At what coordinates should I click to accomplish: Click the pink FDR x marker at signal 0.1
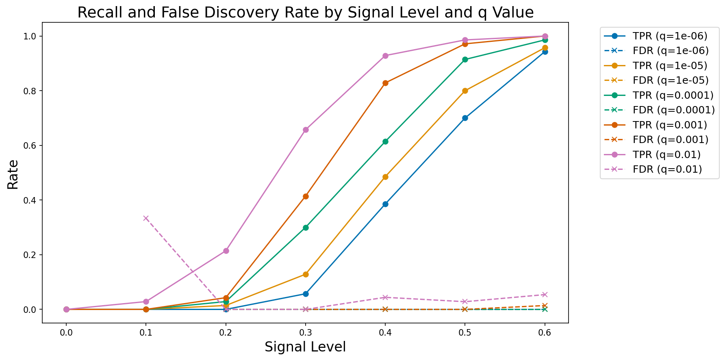click(146, 218)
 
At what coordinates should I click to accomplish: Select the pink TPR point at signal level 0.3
click(306, 130)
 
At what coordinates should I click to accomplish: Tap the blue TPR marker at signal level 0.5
click(465, 118)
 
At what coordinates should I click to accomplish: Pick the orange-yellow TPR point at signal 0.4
click(385, 177)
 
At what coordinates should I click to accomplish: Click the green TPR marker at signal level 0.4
click(385, 141)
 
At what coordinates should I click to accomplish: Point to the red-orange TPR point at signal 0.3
click(306, 196)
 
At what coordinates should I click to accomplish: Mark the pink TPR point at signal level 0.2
click(226, 251)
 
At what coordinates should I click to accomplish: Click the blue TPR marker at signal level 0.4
click(385, 204)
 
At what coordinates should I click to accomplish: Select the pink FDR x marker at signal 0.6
click(545, 295)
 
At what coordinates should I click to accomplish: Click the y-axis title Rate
click(13, 174)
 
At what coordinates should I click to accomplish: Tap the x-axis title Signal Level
click(305, 347)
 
